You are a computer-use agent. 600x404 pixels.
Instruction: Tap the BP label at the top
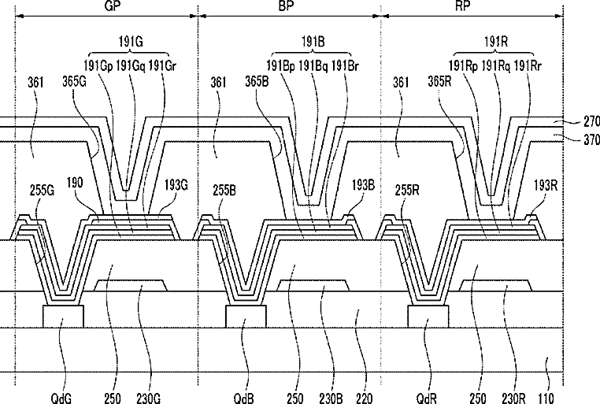click(286, 6)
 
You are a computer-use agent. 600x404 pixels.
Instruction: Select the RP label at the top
click(462, 6)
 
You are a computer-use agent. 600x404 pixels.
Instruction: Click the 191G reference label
click(131, 41)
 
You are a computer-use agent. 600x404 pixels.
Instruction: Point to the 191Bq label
click(313, 66)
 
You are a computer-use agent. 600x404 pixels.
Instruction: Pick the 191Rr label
click(528, 66)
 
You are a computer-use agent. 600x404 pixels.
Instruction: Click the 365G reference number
click(74, 81)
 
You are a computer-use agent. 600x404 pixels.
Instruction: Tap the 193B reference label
click(363, 185)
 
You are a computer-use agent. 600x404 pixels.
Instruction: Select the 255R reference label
click(407, 190)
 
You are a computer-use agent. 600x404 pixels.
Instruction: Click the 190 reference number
click(74, 183)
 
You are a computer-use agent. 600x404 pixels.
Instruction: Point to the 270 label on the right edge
click(591, 121)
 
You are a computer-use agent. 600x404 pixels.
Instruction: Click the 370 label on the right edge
click(591, 139)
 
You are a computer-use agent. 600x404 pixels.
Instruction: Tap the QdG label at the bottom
click(61, 398)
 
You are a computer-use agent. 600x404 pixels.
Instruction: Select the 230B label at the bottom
click(331, 398)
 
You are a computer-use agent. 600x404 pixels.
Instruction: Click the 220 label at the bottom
click(364, 398)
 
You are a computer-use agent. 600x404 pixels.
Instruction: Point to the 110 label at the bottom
click(546, 398)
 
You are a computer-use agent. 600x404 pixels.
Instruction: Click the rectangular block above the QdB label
click(246, 317)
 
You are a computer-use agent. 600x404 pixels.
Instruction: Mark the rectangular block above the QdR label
click(428, 317)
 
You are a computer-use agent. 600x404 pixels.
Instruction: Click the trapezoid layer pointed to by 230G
click(131, 285)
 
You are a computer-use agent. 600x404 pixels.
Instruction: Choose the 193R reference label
click(546, 185)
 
